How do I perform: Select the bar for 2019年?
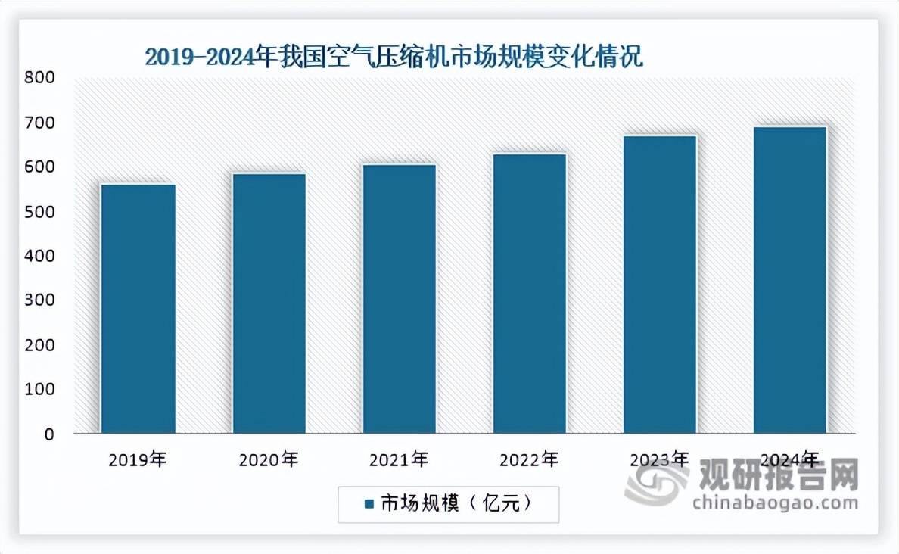(138, 309)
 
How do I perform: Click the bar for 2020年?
(269, 303)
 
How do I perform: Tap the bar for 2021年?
(399, 299)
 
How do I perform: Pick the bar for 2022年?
(530, 294)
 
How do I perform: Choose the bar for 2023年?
(660, 285)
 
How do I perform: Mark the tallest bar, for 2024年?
(790, 280)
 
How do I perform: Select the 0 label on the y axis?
(48, 434)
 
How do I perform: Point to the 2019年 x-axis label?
(138, 459)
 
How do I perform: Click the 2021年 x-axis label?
(399, 459)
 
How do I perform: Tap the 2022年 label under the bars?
(530, 459)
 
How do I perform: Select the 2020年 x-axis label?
(269, 459)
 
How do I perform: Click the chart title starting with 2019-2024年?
(394, 57)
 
